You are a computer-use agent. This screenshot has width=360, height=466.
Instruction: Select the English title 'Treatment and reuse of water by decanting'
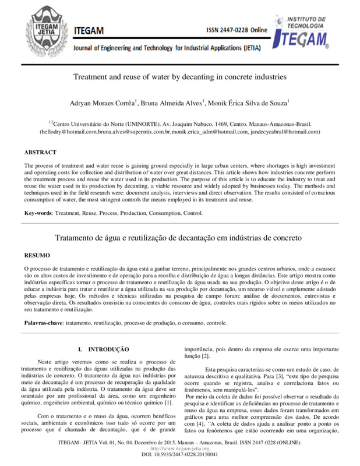click(x=179, y=76)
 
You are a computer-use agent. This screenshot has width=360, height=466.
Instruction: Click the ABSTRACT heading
click(x=40, y=152)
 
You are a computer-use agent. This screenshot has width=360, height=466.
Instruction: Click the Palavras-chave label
click(x=44, y=322)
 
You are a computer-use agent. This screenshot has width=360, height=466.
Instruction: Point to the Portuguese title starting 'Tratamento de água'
click(x=179, y=239)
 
